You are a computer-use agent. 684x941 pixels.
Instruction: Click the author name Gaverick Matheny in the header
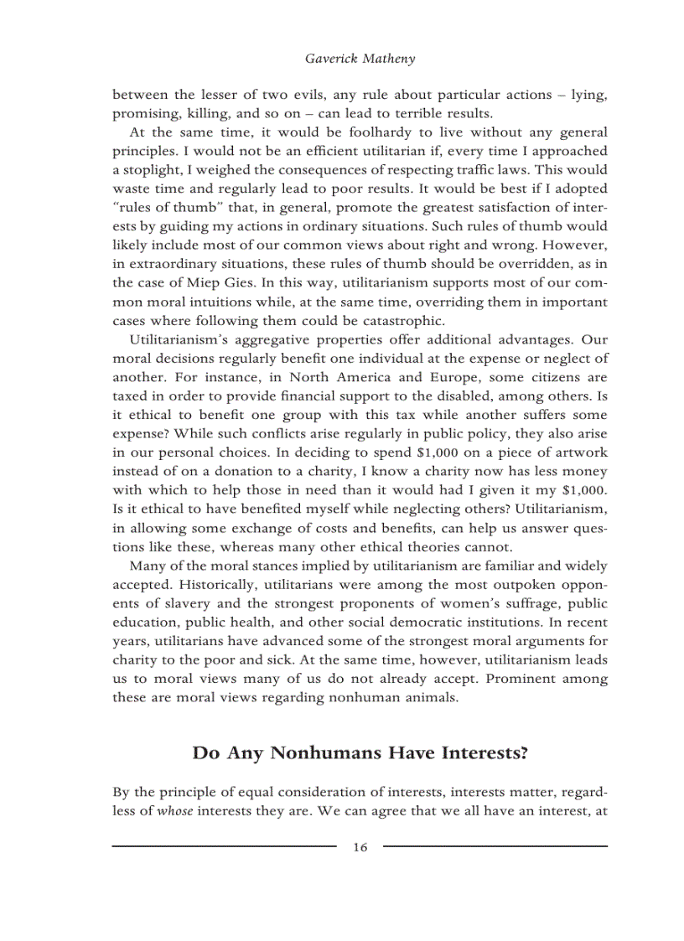pos(360,59)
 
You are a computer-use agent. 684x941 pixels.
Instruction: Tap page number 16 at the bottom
pos(360,847)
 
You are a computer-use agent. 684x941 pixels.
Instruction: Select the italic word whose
pos(175,811)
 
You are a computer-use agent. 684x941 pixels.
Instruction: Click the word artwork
pos(579,452)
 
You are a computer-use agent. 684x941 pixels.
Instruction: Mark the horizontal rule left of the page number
pos(224,847)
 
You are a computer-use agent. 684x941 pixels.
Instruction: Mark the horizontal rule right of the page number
pos(495,847)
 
